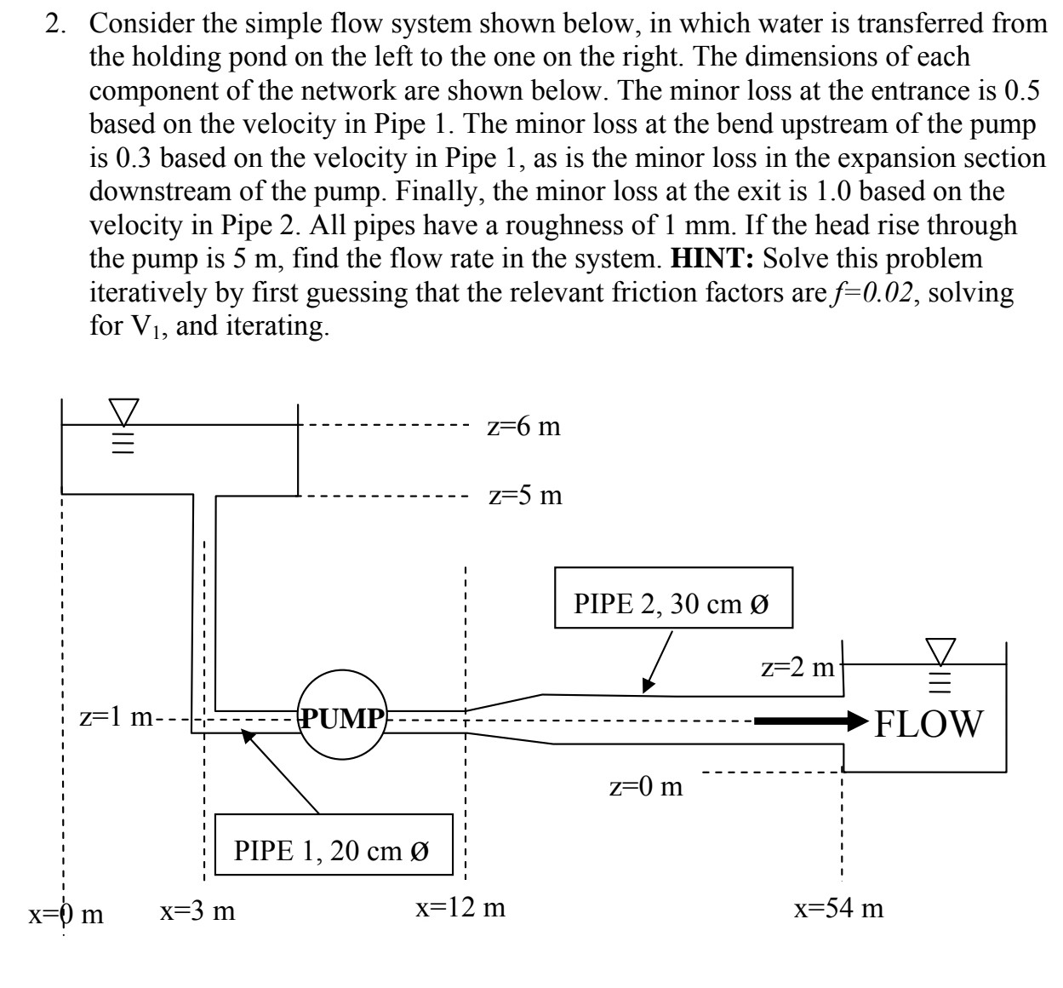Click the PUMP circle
(x=342, y=719)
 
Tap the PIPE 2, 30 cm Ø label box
(x=672, y=605)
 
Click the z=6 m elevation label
(x=524, y=426)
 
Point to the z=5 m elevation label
(x=525, y=495)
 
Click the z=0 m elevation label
(x=646, y=786)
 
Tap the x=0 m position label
(x=66, y=914)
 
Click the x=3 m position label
(x=198, y=910)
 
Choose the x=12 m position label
(x=460, y=908)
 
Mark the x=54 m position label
(x=838, y=908)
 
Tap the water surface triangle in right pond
(x=941, y=652)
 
